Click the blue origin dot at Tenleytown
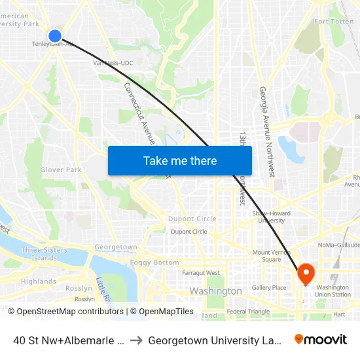[55, 36]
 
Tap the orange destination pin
[306, 273]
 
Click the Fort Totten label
[334, 22]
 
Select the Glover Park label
[61, 170]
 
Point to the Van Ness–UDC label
[109, 63]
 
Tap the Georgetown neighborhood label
[116, 247]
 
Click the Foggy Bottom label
[154, 262]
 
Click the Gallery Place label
[269, 287]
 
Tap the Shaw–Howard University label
[271, 216]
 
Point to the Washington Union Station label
[333, 291]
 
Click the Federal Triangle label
[248, 312]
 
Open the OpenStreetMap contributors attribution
[69, 312]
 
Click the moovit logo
[321, 339]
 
